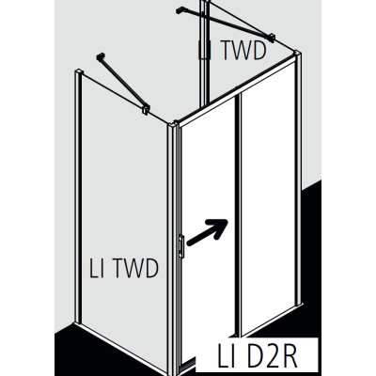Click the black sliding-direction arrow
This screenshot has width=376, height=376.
click(x=207, y=232)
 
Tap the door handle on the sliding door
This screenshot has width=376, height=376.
click(x=181, y=246)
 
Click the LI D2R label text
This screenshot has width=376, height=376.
click(x=257, y=356)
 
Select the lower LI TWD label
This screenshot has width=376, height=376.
click(x=124, y=268)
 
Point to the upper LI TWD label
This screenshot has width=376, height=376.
click(x=232, y=50)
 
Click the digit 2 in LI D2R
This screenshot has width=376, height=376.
click(x=267, y=356)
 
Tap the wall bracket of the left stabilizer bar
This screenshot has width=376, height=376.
click(x=101, y=57)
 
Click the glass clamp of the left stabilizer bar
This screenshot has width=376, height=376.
click(x=146, y=109)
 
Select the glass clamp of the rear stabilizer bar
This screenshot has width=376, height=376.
click(x=272, y=38)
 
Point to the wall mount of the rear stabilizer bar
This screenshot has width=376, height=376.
click(x=180, y=10)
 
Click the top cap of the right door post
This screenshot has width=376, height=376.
click(x=297, y=53)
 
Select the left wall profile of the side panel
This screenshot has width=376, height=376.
click(x=78, y=196)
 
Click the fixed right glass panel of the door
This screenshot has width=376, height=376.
click(x=268, y=197)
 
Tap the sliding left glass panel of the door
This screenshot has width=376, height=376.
click(x=209, y=232)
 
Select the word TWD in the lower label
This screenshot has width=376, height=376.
click(x=135, y=268)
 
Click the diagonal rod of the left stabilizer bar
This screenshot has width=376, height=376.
click(x=122, y=82)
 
